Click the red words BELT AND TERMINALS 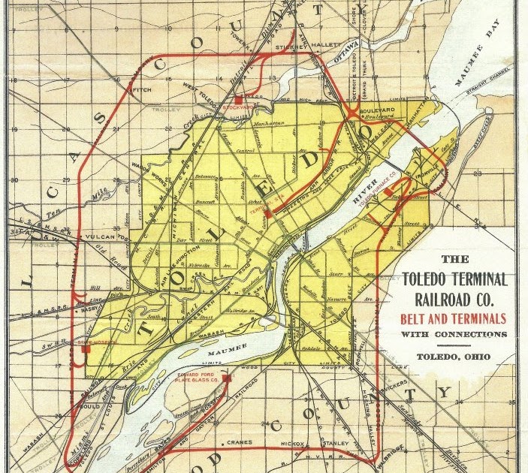pyautogui.click(x=455, y=318)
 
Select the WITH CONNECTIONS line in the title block pyautogui.click(x=454, y=333)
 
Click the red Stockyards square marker pyautogui.click(x=239, y=100)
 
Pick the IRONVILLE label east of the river pyautogui.click(x=433, y=181)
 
